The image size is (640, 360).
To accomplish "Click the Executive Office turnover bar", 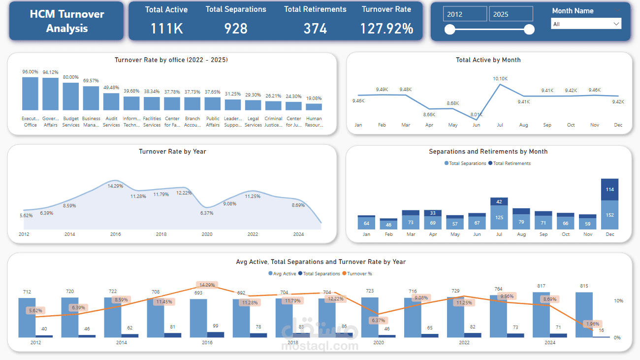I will (30, 94).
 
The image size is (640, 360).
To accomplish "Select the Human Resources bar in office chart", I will (314, 106).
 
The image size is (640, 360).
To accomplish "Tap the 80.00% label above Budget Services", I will (71, 77).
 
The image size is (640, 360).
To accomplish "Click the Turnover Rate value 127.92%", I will (386, 29).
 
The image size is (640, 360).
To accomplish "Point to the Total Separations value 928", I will (236, 29).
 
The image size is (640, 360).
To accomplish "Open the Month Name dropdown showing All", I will (586, 24).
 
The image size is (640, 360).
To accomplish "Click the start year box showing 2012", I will (465, 14).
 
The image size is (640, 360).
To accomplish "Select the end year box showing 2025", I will (511, 14).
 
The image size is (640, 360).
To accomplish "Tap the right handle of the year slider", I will (529, 30).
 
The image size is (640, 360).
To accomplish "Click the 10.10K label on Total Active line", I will (500, 79).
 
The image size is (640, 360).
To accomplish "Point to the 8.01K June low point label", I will (476, 114).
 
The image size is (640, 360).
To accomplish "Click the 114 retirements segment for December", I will (610, 190).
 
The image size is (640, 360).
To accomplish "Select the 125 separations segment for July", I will (499, 217).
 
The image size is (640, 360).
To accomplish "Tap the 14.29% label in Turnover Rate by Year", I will (116, 186).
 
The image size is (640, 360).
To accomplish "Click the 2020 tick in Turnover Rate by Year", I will (207, 234).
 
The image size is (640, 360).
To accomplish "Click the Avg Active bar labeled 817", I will (541, 314).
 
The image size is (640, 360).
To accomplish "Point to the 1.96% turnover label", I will (593, 324).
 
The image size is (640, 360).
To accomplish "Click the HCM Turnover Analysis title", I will (66, 21).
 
